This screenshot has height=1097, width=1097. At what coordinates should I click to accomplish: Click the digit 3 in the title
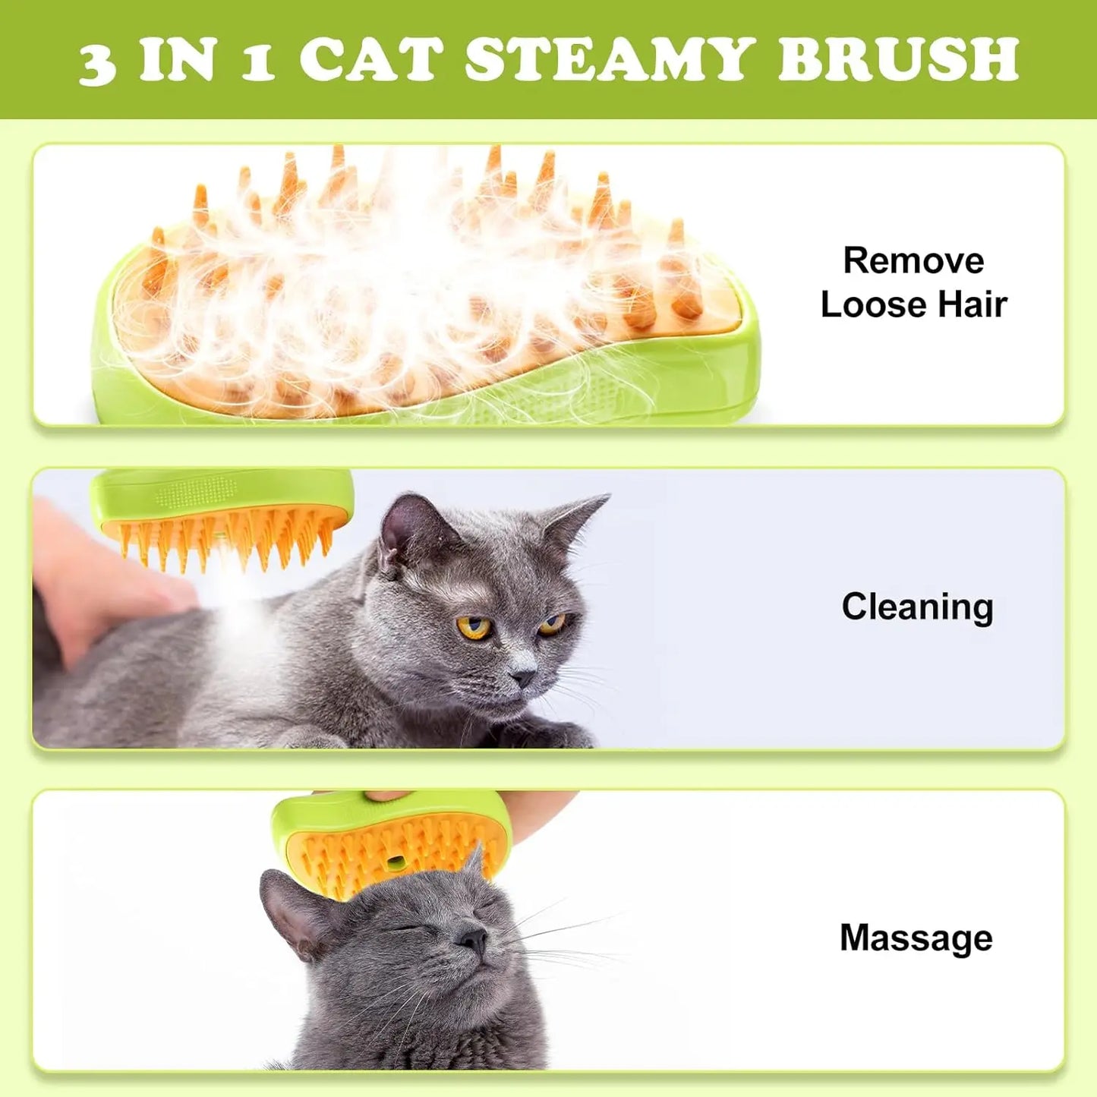tap(97, 64)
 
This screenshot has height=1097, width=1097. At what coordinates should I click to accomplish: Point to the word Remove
tap(913, 260)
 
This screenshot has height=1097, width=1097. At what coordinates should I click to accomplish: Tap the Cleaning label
tap(917, 607)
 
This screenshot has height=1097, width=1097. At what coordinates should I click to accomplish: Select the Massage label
tap(916, 938)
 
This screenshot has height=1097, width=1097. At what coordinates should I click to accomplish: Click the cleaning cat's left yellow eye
tap(474, 627)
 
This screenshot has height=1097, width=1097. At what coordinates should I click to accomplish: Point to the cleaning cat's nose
tap(524, 676)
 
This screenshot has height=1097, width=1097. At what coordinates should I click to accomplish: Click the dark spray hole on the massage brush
tap(395, 862)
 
